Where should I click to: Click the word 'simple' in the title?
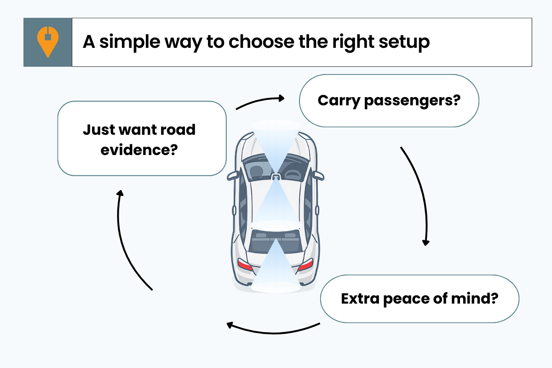(x=129, y=42)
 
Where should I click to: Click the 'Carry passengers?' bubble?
(x=389, y=100)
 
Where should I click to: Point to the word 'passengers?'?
(x=412, y=100)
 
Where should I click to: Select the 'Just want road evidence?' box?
(x=142, y=138)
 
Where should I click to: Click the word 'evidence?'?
(x=139, y=149)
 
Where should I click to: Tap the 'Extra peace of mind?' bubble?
(x=419, y=299)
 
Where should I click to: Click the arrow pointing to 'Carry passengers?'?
(x=260, y=102)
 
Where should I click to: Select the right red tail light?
(x=306, y=264)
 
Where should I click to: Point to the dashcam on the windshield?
(x=275, y=177)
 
